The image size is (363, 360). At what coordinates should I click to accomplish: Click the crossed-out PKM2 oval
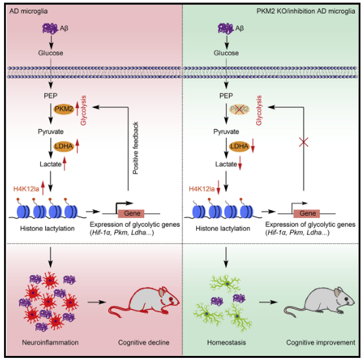[x=239, y=109]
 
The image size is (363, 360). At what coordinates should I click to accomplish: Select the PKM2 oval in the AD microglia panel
[x=64, y=109]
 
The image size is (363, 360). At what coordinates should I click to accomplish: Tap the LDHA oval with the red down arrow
[x=239, y=146]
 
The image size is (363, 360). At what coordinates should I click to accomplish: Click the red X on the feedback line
[x=304, y=142]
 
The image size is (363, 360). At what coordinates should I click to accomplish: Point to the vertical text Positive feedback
[x=135, y=148]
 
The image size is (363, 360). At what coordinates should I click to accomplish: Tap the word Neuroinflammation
[x=50, y=342]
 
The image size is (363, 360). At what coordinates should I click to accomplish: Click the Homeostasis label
[x=226, y=342]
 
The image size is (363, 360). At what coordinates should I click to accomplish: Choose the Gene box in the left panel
[x=131, y=213]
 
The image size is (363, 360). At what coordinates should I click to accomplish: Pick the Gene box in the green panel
[x=307, y=213]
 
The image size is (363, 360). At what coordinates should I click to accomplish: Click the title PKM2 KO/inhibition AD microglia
[x=306, y=11]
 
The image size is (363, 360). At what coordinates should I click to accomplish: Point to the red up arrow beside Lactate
[x=64, y=163]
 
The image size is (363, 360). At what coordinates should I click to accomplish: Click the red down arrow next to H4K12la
[x=218, y=188]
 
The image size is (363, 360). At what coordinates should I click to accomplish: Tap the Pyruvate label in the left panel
[x=51, y=132]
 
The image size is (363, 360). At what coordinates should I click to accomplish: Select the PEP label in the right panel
[x=226, y=96]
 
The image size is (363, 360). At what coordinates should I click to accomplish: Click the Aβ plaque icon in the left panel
[x=50, y=29]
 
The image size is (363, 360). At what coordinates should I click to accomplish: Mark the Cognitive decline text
[x=144, y=342]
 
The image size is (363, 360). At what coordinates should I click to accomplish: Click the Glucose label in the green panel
[x=226, y=53]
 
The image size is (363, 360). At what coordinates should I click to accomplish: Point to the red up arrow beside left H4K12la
[x=42, y=188]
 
